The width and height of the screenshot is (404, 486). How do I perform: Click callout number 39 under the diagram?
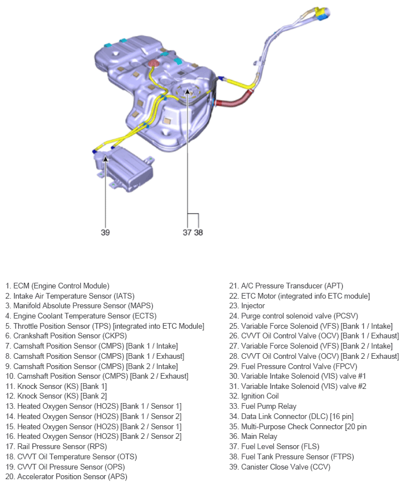[105, 232]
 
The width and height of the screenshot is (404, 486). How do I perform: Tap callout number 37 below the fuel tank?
[187, 232]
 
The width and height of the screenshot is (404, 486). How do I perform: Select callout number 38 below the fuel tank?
[198, 232]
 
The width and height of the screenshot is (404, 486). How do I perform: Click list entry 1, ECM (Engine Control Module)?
[57, 286]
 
